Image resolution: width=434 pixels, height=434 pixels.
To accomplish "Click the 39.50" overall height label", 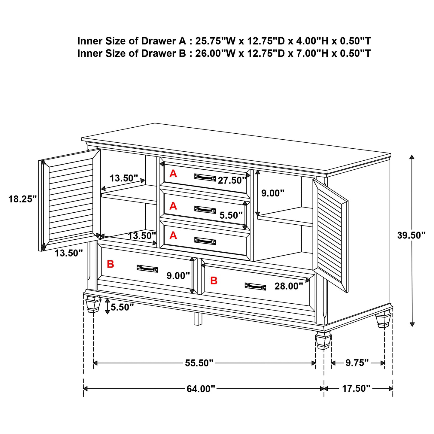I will click(411, 235).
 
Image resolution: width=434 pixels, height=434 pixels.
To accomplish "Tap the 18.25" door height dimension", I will click(23, 199).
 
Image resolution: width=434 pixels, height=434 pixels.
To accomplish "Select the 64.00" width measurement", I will click(201, 389).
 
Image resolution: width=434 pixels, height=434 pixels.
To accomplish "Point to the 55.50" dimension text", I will click(199, 363).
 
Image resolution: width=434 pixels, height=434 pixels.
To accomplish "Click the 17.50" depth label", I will click(356, 388).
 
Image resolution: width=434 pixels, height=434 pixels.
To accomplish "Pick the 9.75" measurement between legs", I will click(357, 363).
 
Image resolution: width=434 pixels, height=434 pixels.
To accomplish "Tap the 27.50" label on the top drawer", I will click(232, 181).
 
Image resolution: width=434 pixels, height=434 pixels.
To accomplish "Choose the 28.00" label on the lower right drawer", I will click(289, 286).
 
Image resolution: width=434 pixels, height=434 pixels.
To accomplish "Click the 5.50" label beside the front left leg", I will click(122, 307).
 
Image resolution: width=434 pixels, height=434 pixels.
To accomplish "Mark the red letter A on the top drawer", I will click(173, 174).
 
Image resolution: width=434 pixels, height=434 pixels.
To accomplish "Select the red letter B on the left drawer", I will click(111, 264).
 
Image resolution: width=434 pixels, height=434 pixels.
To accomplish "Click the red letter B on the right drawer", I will click(214, 281).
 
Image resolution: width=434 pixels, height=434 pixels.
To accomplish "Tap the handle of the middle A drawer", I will click(205, 210).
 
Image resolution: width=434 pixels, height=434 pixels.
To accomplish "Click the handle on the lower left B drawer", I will click(147, 269).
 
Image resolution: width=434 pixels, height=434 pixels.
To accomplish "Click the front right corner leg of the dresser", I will click(323, 341).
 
